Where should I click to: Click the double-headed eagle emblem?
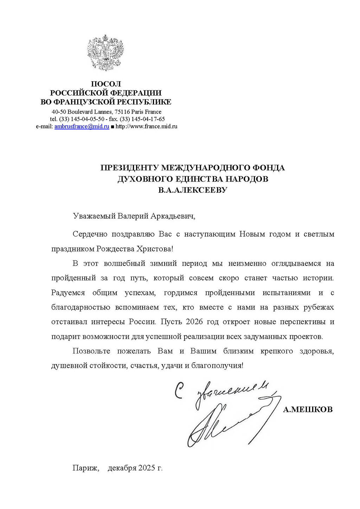point(105,52)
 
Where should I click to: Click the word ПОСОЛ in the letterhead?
point(106,84)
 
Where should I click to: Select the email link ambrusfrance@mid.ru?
point(82,127)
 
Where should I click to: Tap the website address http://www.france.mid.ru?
point(146,127)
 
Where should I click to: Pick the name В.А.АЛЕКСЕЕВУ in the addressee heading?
point(193,190)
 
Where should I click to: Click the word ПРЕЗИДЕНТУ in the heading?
point(129,168)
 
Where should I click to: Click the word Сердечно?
point(90,234)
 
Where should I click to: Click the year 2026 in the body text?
point(194,322)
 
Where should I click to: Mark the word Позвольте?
point(91,351)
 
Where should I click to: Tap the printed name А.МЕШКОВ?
point(308,409)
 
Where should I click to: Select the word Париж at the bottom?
point(85,468)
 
